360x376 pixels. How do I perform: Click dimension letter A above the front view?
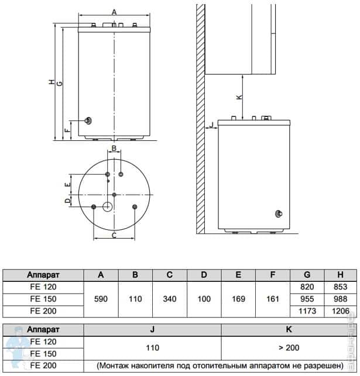point(114,12)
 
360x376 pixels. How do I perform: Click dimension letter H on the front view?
point(52,83)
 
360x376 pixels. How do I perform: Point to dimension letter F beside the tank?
point(67,130)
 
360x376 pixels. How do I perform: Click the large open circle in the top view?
point(108,206)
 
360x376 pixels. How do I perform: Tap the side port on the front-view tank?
point(87,120)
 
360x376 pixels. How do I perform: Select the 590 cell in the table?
point(101,299)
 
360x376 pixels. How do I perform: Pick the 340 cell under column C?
point(169,299)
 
